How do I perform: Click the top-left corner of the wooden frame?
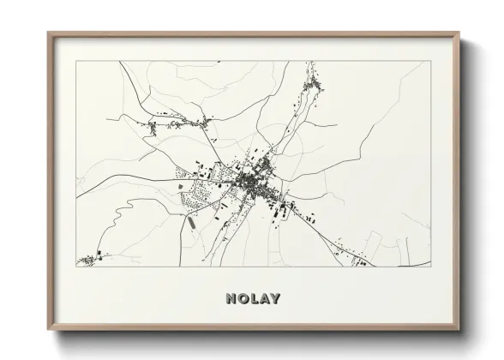click(x=48, y=33)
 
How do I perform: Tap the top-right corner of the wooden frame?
click(x=459, y=33)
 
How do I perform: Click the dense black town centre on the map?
click(x=254, y=181)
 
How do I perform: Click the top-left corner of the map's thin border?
click(x=76, y=61)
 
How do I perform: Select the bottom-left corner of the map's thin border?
click(x=76, y=267)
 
